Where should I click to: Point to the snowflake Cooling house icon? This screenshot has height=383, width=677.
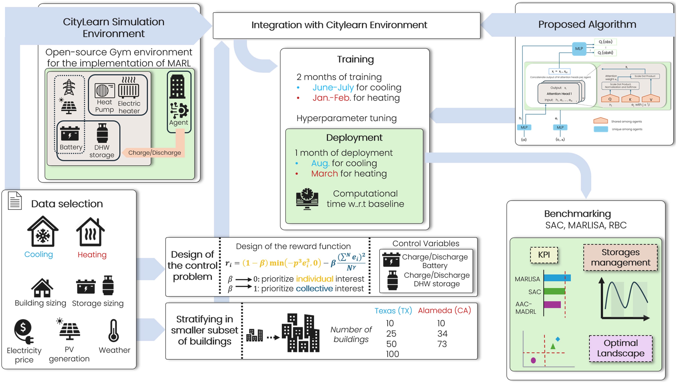pyautogui.click(x=43, y=232)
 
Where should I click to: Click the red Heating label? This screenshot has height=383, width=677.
pyautogui.click(x=92, y=255)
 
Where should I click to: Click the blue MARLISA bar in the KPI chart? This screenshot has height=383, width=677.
pyautogui.click(x=557, y=278)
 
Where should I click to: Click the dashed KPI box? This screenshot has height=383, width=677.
pyautogui.click(x=544, y=255)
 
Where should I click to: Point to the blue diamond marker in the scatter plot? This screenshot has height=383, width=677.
pyautogui.click(x=558, y=339)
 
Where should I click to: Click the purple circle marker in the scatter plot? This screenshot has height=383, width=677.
pyautogui.click(x=533, y=360)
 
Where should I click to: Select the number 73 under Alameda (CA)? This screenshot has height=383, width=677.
pyautogui.click(x=442, y=344)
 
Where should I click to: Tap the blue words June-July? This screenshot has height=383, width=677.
pyautogui.click(x=333, y=87)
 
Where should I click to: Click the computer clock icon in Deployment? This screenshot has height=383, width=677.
pyautogui.click(x=307, y=199)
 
